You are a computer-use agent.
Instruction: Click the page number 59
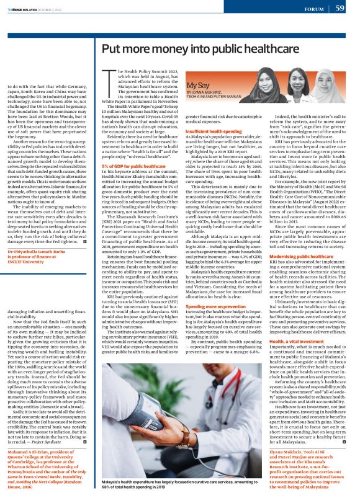coord(340,8)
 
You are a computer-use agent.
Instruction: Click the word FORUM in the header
coord(314,9)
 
